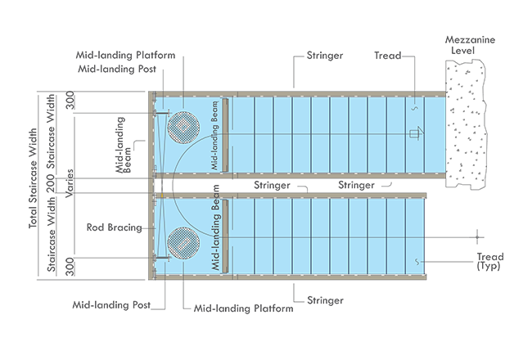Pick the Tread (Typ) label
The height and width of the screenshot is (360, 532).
489,262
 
